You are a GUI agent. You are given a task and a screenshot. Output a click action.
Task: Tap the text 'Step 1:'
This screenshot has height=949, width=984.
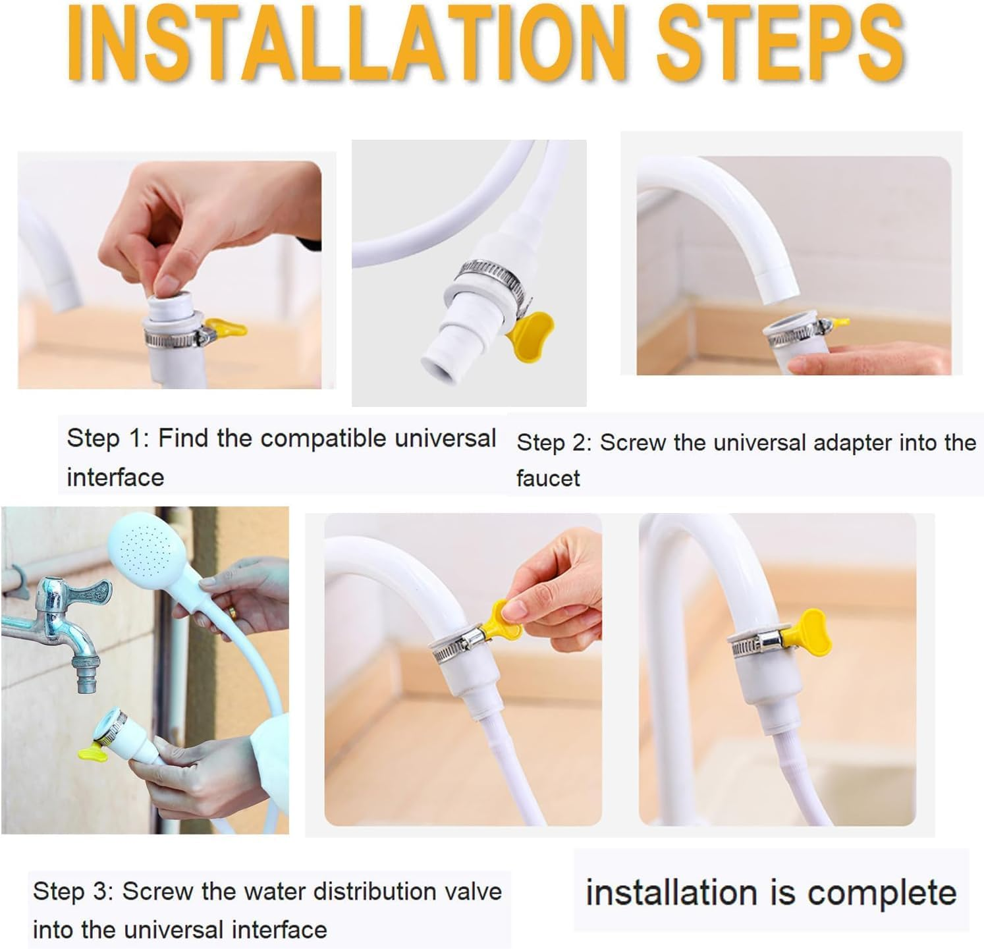tap(105, 438)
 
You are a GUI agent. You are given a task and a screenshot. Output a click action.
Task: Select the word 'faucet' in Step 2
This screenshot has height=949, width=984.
tap(548, 478)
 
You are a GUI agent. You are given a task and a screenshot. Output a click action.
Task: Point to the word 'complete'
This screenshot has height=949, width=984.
tap(881, 894)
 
